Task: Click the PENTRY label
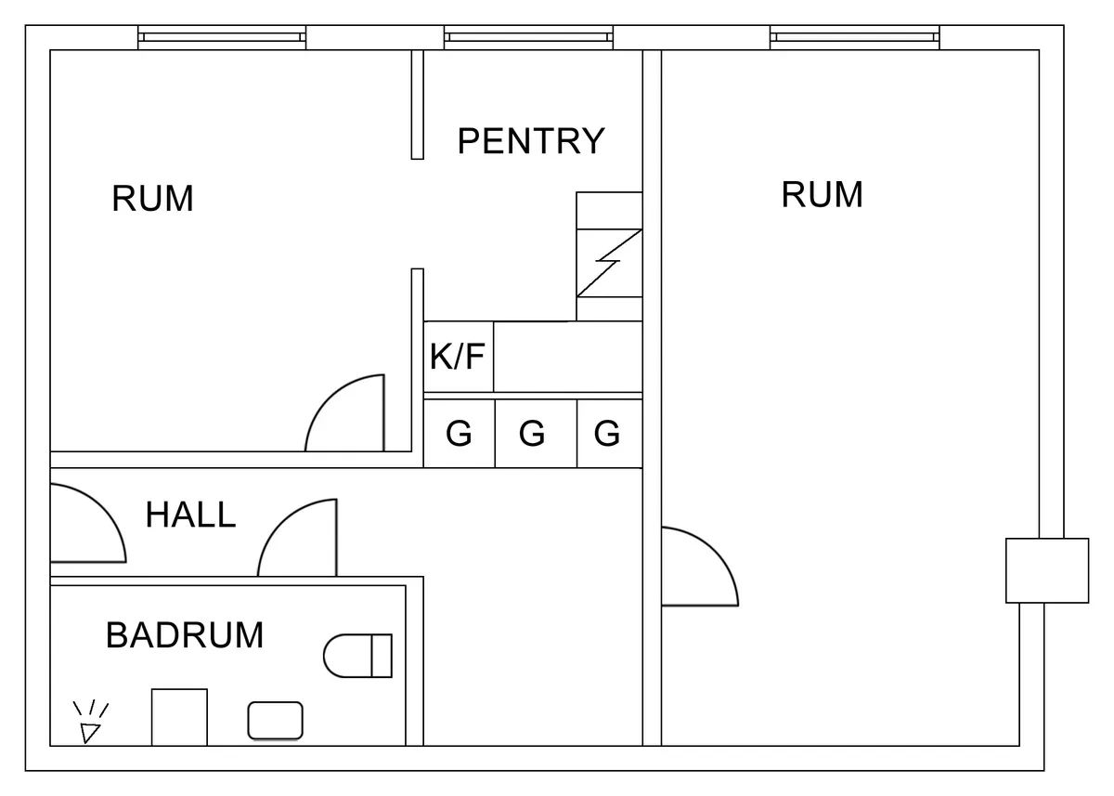tap(531, 141)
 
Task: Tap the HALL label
tap(190, 515)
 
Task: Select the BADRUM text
tap(185, 635)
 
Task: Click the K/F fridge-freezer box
tap(459, 357)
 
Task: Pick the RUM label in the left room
tap(153, 199)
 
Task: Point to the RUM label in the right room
tap(823, 195)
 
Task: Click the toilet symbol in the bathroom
tap(357, 656)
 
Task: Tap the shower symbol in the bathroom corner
tap(89, 724)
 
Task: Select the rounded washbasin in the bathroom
tap(275, 721)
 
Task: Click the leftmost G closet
tap(460, 434)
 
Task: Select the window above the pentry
tap(528, 37)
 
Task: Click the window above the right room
tap(854, 37)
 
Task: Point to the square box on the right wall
tap(1047, 570)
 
